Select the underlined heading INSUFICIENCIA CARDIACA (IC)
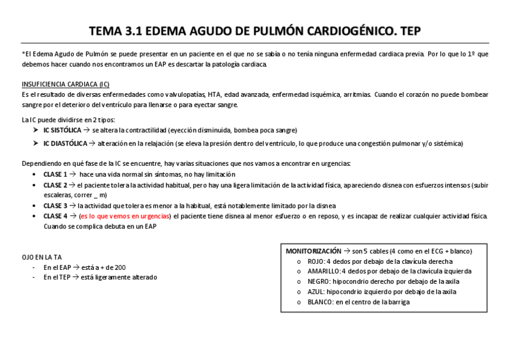click(x=66, y=84)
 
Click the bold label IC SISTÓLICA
click(x=63, y=130)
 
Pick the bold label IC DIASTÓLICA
click(x=65, y=143)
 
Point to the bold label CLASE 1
click(x=55, y=174)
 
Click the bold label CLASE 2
click(x=55, y=185)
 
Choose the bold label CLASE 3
click(x=55, y=206)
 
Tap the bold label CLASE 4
click(x=55, y=216)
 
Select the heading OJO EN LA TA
click(x=41, y=257)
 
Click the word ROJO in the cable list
click(x=316, y=261)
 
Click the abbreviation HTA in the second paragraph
click(x=215, y=94)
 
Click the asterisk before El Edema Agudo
click(x=23, y=54)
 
